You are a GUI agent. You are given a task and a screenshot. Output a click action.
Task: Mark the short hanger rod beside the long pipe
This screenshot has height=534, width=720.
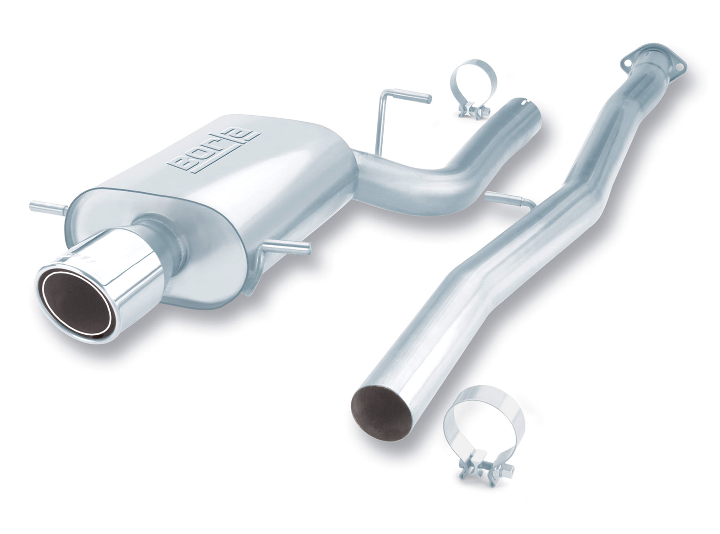[x=509, y=200]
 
